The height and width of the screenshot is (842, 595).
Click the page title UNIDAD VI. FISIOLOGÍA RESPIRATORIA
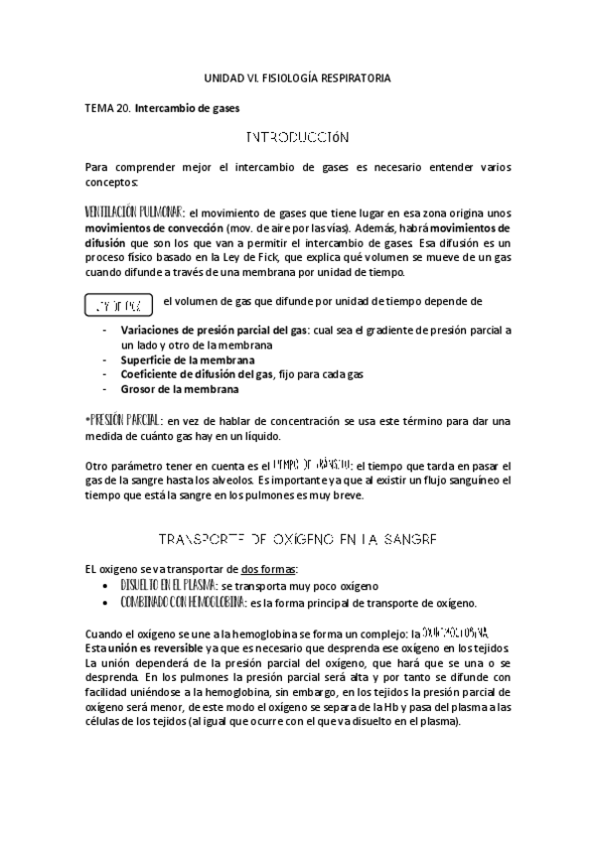pyautogui.click(x=298, y=76)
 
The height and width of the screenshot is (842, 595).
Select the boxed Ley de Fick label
pyautogui.click(x=118, y=302)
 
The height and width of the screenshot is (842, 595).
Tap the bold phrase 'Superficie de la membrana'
pyautogui.click(x=187, y=359)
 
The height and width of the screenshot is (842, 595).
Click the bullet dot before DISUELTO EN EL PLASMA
pyautogui.click(x=107, y=586)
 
